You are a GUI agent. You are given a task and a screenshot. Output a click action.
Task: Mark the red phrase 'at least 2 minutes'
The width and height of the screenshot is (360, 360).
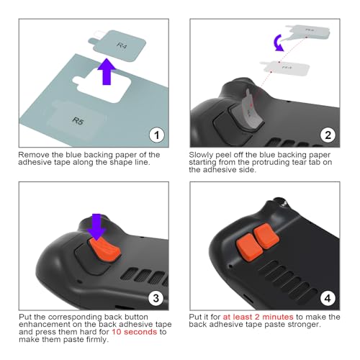pos(258,317)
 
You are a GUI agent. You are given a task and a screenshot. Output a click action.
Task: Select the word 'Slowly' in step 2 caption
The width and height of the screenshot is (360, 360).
pos(202,155)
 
